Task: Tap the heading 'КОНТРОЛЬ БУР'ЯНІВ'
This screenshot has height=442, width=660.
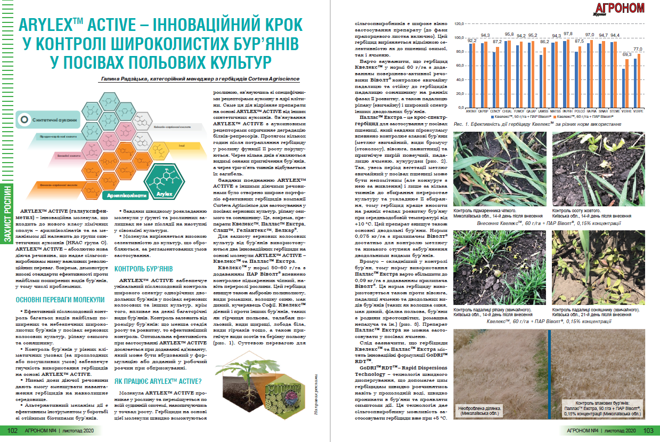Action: click(x=144, y=268)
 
